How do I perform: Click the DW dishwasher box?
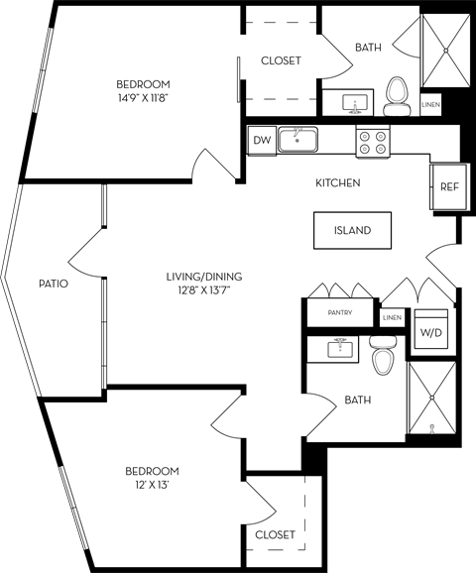point(262,140)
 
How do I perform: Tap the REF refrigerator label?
point(448,185)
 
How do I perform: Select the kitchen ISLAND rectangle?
point(352,230)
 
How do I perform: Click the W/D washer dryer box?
point(431,333)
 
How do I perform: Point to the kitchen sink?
point(297,139)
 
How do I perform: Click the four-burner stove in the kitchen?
point(374,142)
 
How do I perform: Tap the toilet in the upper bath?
point(399,92)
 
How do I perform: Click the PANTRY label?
point(340,312)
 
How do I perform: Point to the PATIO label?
point(54,283)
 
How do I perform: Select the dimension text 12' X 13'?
point(152,485)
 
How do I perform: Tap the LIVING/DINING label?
point(204,277)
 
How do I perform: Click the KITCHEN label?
point(337,183)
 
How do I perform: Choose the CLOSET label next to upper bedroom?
point(281,60)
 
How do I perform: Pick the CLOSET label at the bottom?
point(275,534)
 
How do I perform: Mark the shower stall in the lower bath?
point(432,400)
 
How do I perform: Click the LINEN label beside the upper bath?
point(430,104)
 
